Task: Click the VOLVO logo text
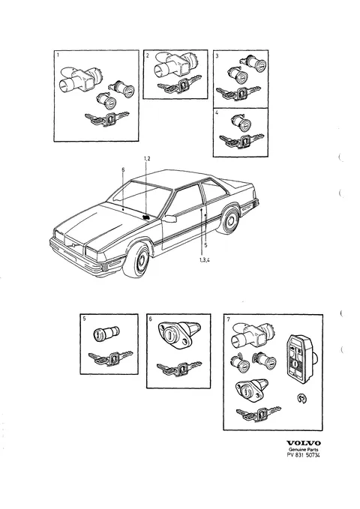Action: coord(304,443)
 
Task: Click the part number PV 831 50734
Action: coord(303,455)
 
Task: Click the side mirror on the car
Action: coord(170,218)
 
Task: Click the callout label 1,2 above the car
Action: coord(147,158)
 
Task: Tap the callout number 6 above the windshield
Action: coord(123,169)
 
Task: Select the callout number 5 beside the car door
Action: coord(205,245)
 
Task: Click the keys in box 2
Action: coord(176,85)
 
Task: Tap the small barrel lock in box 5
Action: coord(106,334)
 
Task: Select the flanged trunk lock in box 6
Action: coord(179,334)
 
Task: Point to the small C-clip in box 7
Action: coord(302,398)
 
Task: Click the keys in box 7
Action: coord(258,413)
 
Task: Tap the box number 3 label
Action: coord(217,56)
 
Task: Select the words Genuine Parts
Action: coord(304,449)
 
